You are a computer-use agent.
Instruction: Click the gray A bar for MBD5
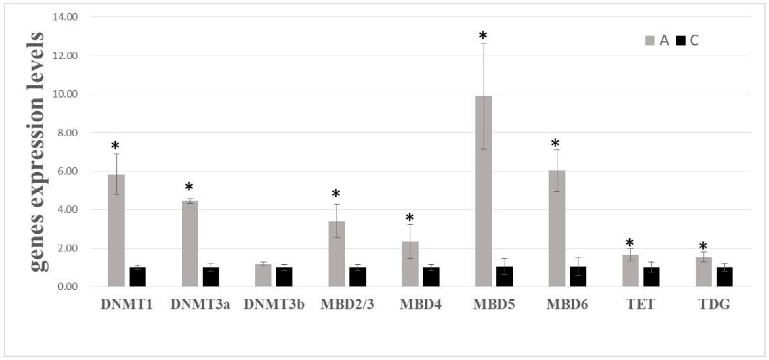click(483, 191)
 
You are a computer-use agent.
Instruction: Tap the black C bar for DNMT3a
click(211, 277)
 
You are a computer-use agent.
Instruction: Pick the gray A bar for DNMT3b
click(263, 275)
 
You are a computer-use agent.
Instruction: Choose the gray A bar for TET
click(630, 270)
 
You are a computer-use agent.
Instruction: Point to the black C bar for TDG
click(725, 277)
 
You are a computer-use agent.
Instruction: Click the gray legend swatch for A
click(650, 40)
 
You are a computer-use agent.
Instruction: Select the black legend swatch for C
click(681, 40)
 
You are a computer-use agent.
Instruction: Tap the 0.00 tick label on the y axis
click(68, 287)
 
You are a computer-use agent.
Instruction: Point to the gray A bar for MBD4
click(410, 264)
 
